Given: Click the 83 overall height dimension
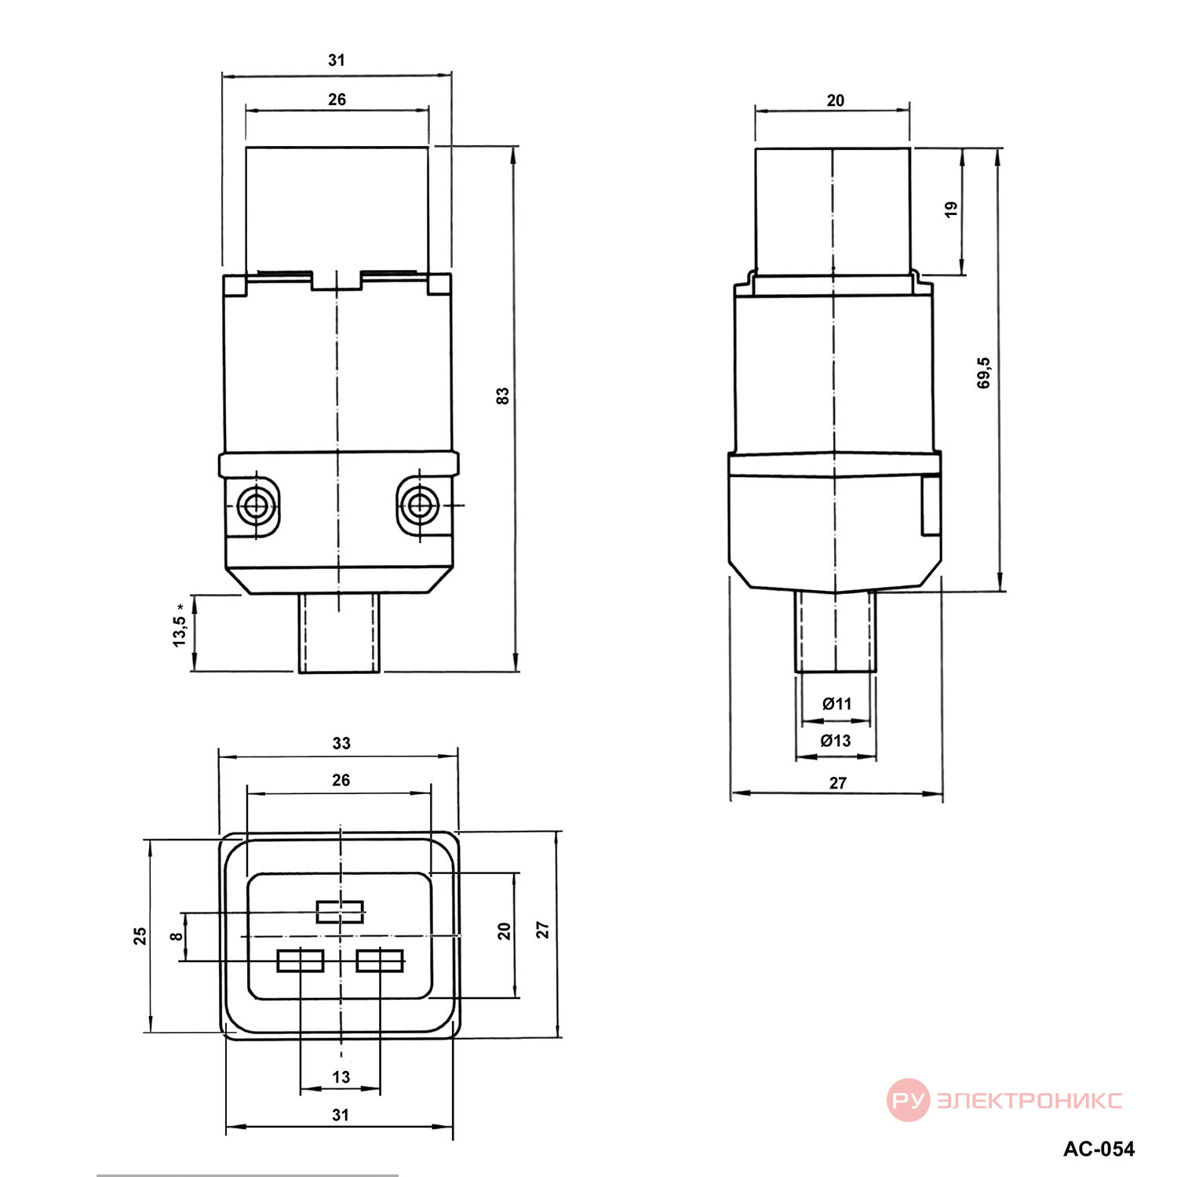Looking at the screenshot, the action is click(503, 395).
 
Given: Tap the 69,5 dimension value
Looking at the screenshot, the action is click(984, 373).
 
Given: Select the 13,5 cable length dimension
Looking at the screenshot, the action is click(180, 625).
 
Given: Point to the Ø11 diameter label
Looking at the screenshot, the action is click(836, 704).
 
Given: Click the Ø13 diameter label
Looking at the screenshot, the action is click(836, 741).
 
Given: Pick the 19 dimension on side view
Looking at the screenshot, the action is click(952, 210).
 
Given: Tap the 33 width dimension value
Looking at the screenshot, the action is click(341, 743).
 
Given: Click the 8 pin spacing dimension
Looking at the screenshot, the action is click(177, 935).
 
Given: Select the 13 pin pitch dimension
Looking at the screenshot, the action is click(341, 1077).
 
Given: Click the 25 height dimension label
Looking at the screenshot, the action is click(140, 936).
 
